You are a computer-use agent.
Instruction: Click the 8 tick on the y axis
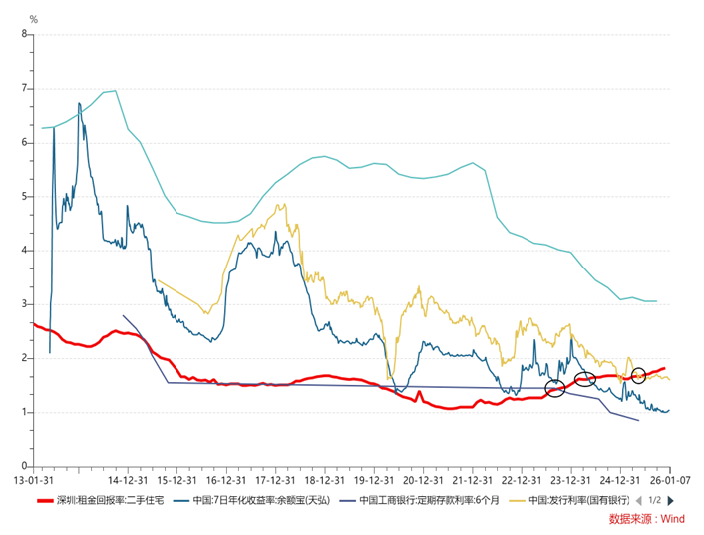tap(24, 34)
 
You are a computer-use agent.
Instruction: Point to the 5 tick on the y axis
tap(24, 196)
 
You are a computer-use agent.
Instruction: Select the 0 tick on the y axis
tap(24, 466)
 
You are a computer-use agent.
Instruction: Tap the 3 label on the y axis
tap(24, 304)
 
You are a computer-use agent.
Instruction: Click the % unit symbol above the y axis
tap(33, 19)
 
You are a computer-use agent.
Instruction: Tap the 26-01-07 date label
tap(666, 478)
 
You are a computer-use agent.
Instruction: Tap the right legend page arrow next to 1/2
tap(670, 499)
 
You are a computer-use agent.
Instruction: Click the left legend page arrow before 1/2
tap(639, 499)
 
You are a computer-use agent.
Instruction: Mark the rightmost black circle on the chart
tap(638, 375)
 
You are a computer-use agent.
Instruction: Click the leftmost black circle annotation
tap(556, 388)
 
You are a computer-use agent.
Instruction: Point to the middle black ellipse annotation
tap(586, 379)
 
